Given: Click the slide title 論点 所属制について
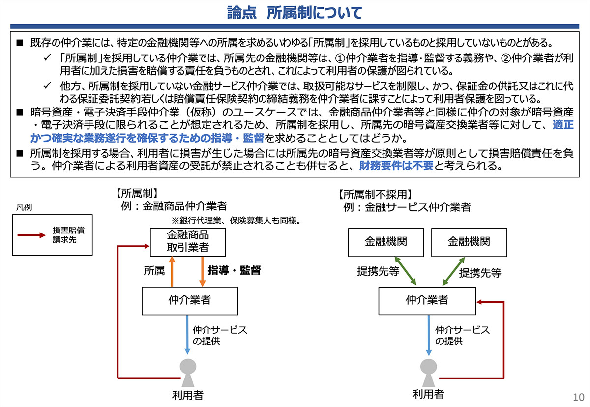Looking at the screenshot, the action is (295, 13).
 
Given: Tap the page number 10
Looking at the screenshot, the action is (578, 397).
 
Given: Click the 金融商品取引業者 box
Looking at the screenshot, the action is (188, 242).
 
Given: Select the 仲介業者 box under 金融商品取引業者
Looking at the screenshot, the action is (190, 301).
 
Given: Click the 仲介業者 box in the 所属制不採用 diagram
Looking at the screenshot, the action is (427, 301).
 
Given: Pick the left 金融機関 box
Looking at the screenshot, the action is (386, 242).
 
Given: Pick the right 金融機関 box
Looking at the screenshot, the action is (469, 242).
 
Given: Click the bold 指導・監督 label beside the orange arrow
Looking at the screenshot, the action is (234, 270).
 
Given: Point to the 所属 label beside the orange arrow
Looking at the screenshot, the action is (154, 271).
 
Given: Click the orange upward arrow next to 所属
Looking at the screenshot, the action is (172, 272).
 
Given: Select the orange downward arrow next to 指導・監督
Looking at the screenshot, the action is (202, 272).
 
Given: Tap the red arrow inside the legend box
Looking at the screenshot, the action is (31, 235).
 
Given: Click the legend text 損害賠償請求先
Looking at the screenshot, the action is (68, 235).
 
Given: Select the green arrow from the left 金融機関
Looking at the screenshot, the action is (405, 271).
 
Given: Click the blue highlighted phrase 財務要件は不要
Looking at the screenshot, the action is (396, 166).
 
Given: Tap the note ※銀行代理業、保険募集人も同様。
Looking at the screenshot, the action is (236, 220).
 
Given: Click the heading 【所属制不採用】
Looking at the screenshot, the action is (375, 195).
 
